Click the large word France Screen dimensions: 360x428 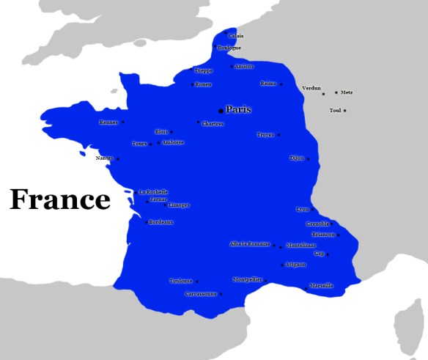60,199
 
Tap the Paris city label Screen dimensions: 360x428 238,109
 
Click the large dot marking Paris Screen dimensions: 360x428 221,111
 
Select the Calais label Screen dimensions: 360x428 236,36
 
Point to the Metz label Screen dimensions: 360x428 347,92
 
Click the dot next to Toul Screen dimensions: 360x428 345,111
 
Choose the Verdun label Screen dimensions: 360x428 311,88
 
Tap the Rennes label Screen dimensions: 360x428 108,122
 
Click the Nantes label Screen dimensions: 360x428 103,158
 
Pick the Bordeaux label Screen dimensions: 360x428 160,222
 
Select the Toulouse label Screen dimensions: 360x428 180,280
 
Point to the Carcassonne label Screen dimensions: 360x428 200,294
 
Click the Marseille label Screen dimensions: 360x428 321,285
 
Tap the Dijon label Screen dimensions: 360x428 296,158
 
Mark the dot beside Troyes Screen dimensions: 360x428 278,135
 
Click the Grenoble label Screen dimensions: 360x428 317,224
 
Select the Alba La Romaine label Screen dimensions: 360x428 250,244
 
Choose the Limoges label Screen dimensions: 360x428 178,205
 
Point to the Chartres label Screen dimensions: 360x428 213,124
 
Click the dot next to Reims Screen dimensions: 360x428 279,84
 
